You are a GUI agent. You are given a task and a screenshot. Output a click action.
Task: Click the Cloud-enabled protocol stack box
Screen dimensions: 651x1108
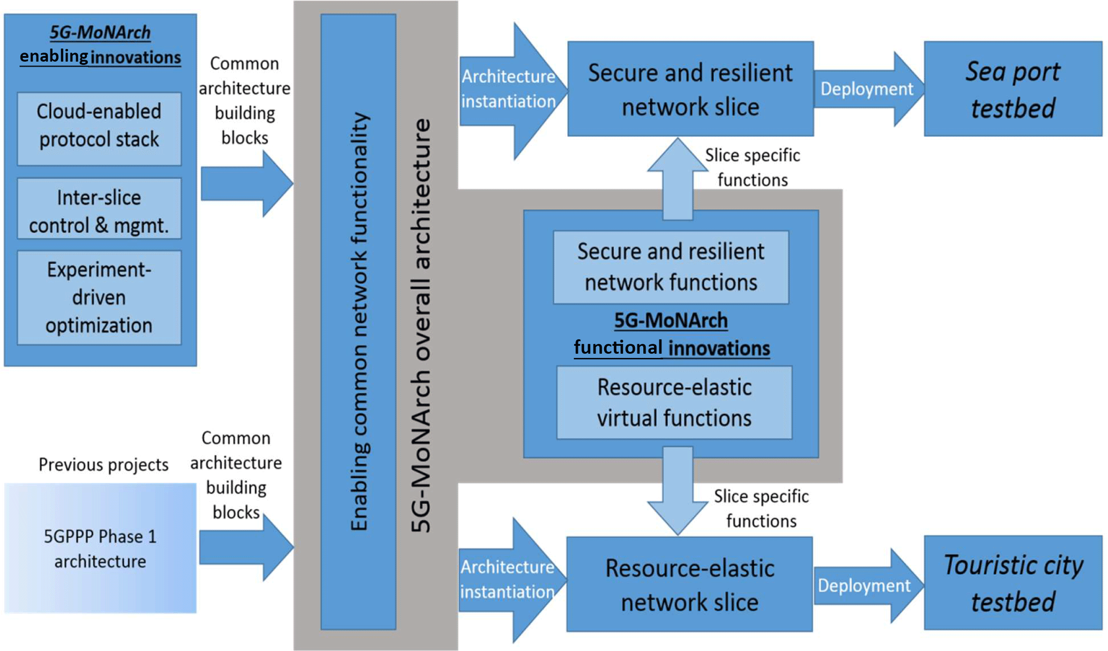(99, 128)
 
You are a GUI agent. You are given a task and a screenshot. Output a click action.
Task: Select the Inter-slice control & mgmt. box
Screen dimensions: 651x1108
(99, 209)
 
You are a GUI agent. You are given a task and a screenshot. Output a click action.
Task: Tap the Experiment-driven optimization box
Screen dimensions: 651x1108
(99, 298)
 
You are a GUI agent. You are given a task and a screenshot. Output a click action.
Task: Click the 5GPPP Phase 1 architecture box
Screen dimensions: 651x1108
(100, 548)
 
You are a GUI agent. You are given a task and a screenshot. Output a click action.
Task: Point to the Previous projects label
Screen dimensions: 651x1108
(103, 464)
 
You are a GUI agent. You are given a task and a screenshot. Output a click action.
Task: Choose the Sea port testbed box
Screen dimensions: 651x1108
(1013, 89)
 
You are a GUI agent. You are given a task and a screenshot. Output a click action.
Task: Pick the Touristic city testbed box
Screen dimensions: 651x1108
(1013, 583)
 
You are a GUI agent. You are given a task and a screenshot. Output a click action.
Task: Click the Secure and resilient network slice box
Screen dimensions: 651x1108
(690, 89)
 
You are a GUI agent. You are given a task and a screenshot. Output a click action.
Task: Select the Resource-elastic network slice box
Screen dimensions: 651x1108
(689, 585)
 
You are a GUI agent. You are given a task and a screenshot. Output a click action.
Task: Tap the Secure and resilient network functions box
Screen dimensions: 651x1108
(671, 267)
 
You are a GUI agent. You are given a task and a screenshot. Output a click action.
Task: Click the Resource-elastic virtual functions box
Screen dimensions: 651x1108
(674, 403)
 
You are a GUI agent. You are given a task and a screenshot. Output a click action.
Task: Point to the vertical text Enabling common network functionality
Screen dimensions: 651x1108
(359, 322)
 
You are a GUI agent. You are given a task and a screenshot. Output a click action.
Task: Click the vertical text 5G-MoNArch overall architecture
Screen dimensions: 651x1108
(421, 325)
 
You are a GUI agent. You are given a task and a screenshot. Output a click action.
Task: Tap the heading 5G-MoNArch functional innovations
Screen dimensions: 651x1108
(671, 334)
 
